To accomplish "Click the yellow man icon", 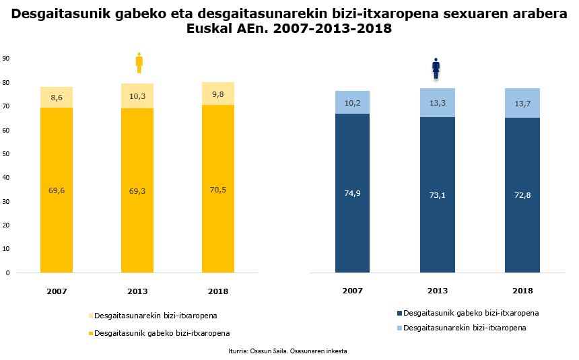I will point(139,63).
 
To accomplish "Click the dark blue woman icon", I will point(436,68).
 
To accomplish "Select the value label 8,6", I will point(57,98).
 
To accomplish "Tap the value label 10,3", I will point(137,96).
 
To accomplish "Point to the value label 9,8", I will point(219,94).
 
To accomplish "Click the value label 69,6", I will point(57,191).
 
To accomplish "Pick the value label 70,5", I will point(219,190).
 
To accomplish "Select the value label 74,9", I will point(352,193).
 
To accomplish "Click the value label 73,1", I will point(437,193).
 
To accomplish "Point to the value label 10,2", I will point(352,103).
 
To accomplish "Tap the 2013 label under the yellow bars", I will point(137,291).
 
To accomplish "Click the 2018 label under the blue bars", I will point(522,291).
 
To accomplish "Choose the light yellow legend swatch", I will point(91,316).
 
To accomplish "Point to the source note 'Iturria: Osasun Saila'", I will point(287,351).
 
